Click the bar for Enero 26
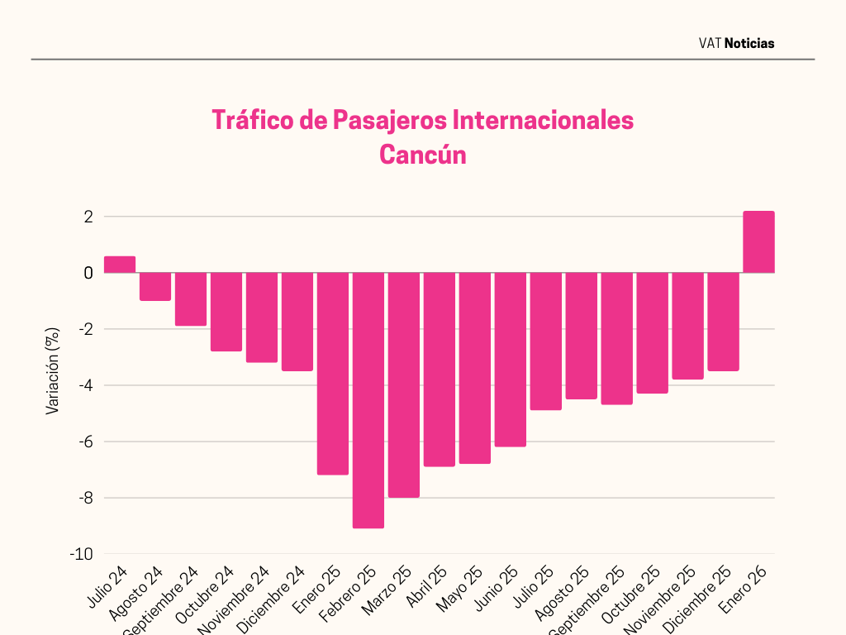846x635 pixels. [758, 242]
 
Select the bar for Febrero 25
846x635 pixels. [368, 400]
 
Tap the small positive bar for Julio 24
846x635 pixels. [120, 265]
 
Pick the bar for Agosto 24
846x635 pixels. [155, 286]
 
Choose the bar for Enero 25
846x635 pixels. [333, 374]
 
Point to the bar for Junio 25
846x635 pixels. [511, 360]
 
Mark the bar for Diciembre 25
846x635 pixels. [723, 322]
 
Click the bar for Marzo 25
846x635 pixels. [404, 384]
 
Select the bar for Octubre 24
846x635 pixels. [226, 312]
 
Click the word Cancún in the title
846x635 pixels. [422, 155]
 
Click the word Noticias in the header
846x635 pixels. [749, 43]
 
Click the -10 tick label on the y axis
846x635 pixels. [81, 554]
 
